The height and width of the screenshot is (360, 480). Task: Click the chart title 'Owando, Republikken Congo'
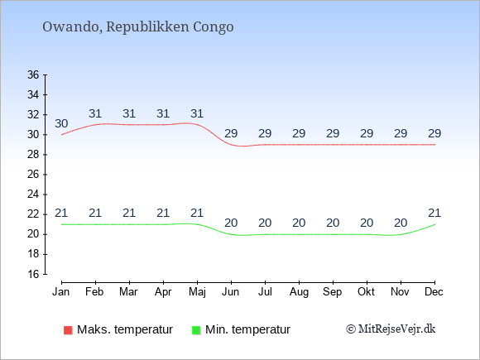click(x=138, y=27)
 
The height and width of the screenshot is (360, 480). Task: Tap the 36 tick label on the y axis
click(x=33, y=74)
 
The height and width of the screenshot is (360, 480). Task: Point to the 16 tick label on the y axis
click(x=33, y=274)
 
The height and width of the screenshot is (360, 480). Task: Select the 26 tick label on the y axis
click(x=33, y=175)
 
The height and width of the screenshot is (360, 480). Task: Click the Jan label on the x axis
click(x=61, y=292)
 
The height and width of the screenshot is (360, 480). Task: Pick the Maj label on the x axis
click(x=197, y=292)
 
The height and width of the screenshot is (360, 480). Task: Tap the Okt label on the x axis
click(x=366, y=292)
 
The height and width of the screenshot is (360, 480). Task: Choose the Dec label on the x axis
click(x=434, y=292)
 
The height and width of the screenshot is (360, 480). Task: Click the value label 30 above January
click(x=61, y=123)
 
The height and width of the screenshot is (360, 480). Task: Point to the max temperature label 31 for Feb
click(x=95, y=113)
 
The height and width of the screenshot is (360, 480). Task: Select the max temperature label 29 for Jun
click(x=231, y=133)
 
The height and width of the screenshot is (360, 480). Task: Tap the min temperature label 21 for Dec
click(x=434, y=213)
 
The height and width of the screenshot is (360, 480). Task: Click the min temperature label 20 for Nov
click(x=401, y=223)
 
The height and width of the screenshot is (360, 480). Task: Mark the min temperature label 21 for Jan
click(x=61, y=213)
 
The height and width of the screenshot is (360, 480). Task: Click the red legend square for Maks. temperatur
click(x=68, y=330)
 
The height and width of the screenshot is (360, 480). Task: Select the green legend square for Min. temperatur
click(x=196, y=330)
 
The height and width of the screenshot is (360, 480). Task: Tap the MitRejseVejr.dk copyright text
click(x=391, y=329)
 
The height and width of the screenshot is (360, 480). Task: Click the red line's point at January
click(x=61, y=135)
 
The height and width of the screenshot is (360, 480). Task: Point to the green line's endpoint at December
click(x=434, y=224)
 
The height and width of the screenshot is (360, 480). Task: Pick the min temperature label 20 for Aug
click(x=299, y=223)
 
